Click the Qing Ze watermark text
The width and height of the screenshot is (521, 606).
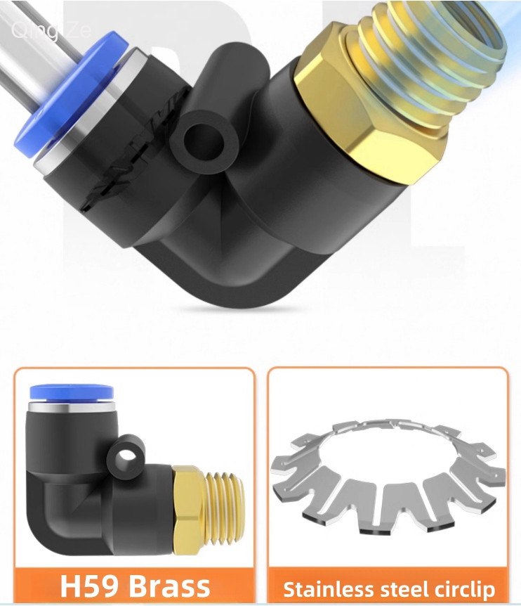click(x=51, y=30)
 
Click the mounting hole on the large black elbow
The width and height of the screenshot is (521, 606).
click(x=204, y=142)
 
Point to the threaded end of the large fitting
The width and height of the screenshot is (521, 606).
click(x=428, y=58)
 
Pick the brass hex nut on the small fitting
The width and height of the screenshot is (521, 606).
click(x=189, y=510)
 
